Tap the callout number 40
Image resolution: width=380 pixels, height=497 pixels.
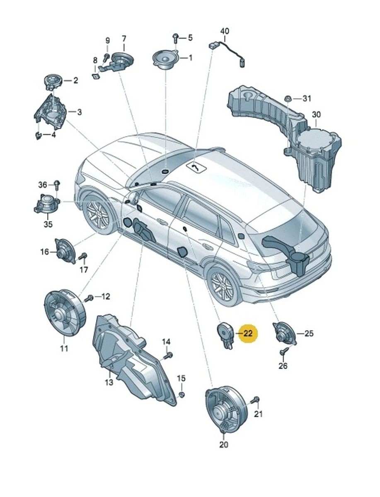click(224, 31)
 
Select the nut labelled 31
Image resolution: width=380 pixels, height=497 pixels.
click(287, 99)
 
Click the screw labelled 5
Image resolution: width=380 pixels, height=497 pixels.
click(175, 38)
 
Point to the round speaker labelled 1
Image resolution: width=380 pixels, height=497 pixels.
click(165, 59)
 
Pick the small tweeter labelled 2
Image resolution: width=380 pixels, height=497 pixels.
click(53, 80)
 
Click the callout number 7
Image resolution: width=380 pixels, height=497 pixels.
click(123, 39)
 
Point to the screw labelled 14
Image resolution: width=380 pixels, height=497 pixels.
click(168, 355)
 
